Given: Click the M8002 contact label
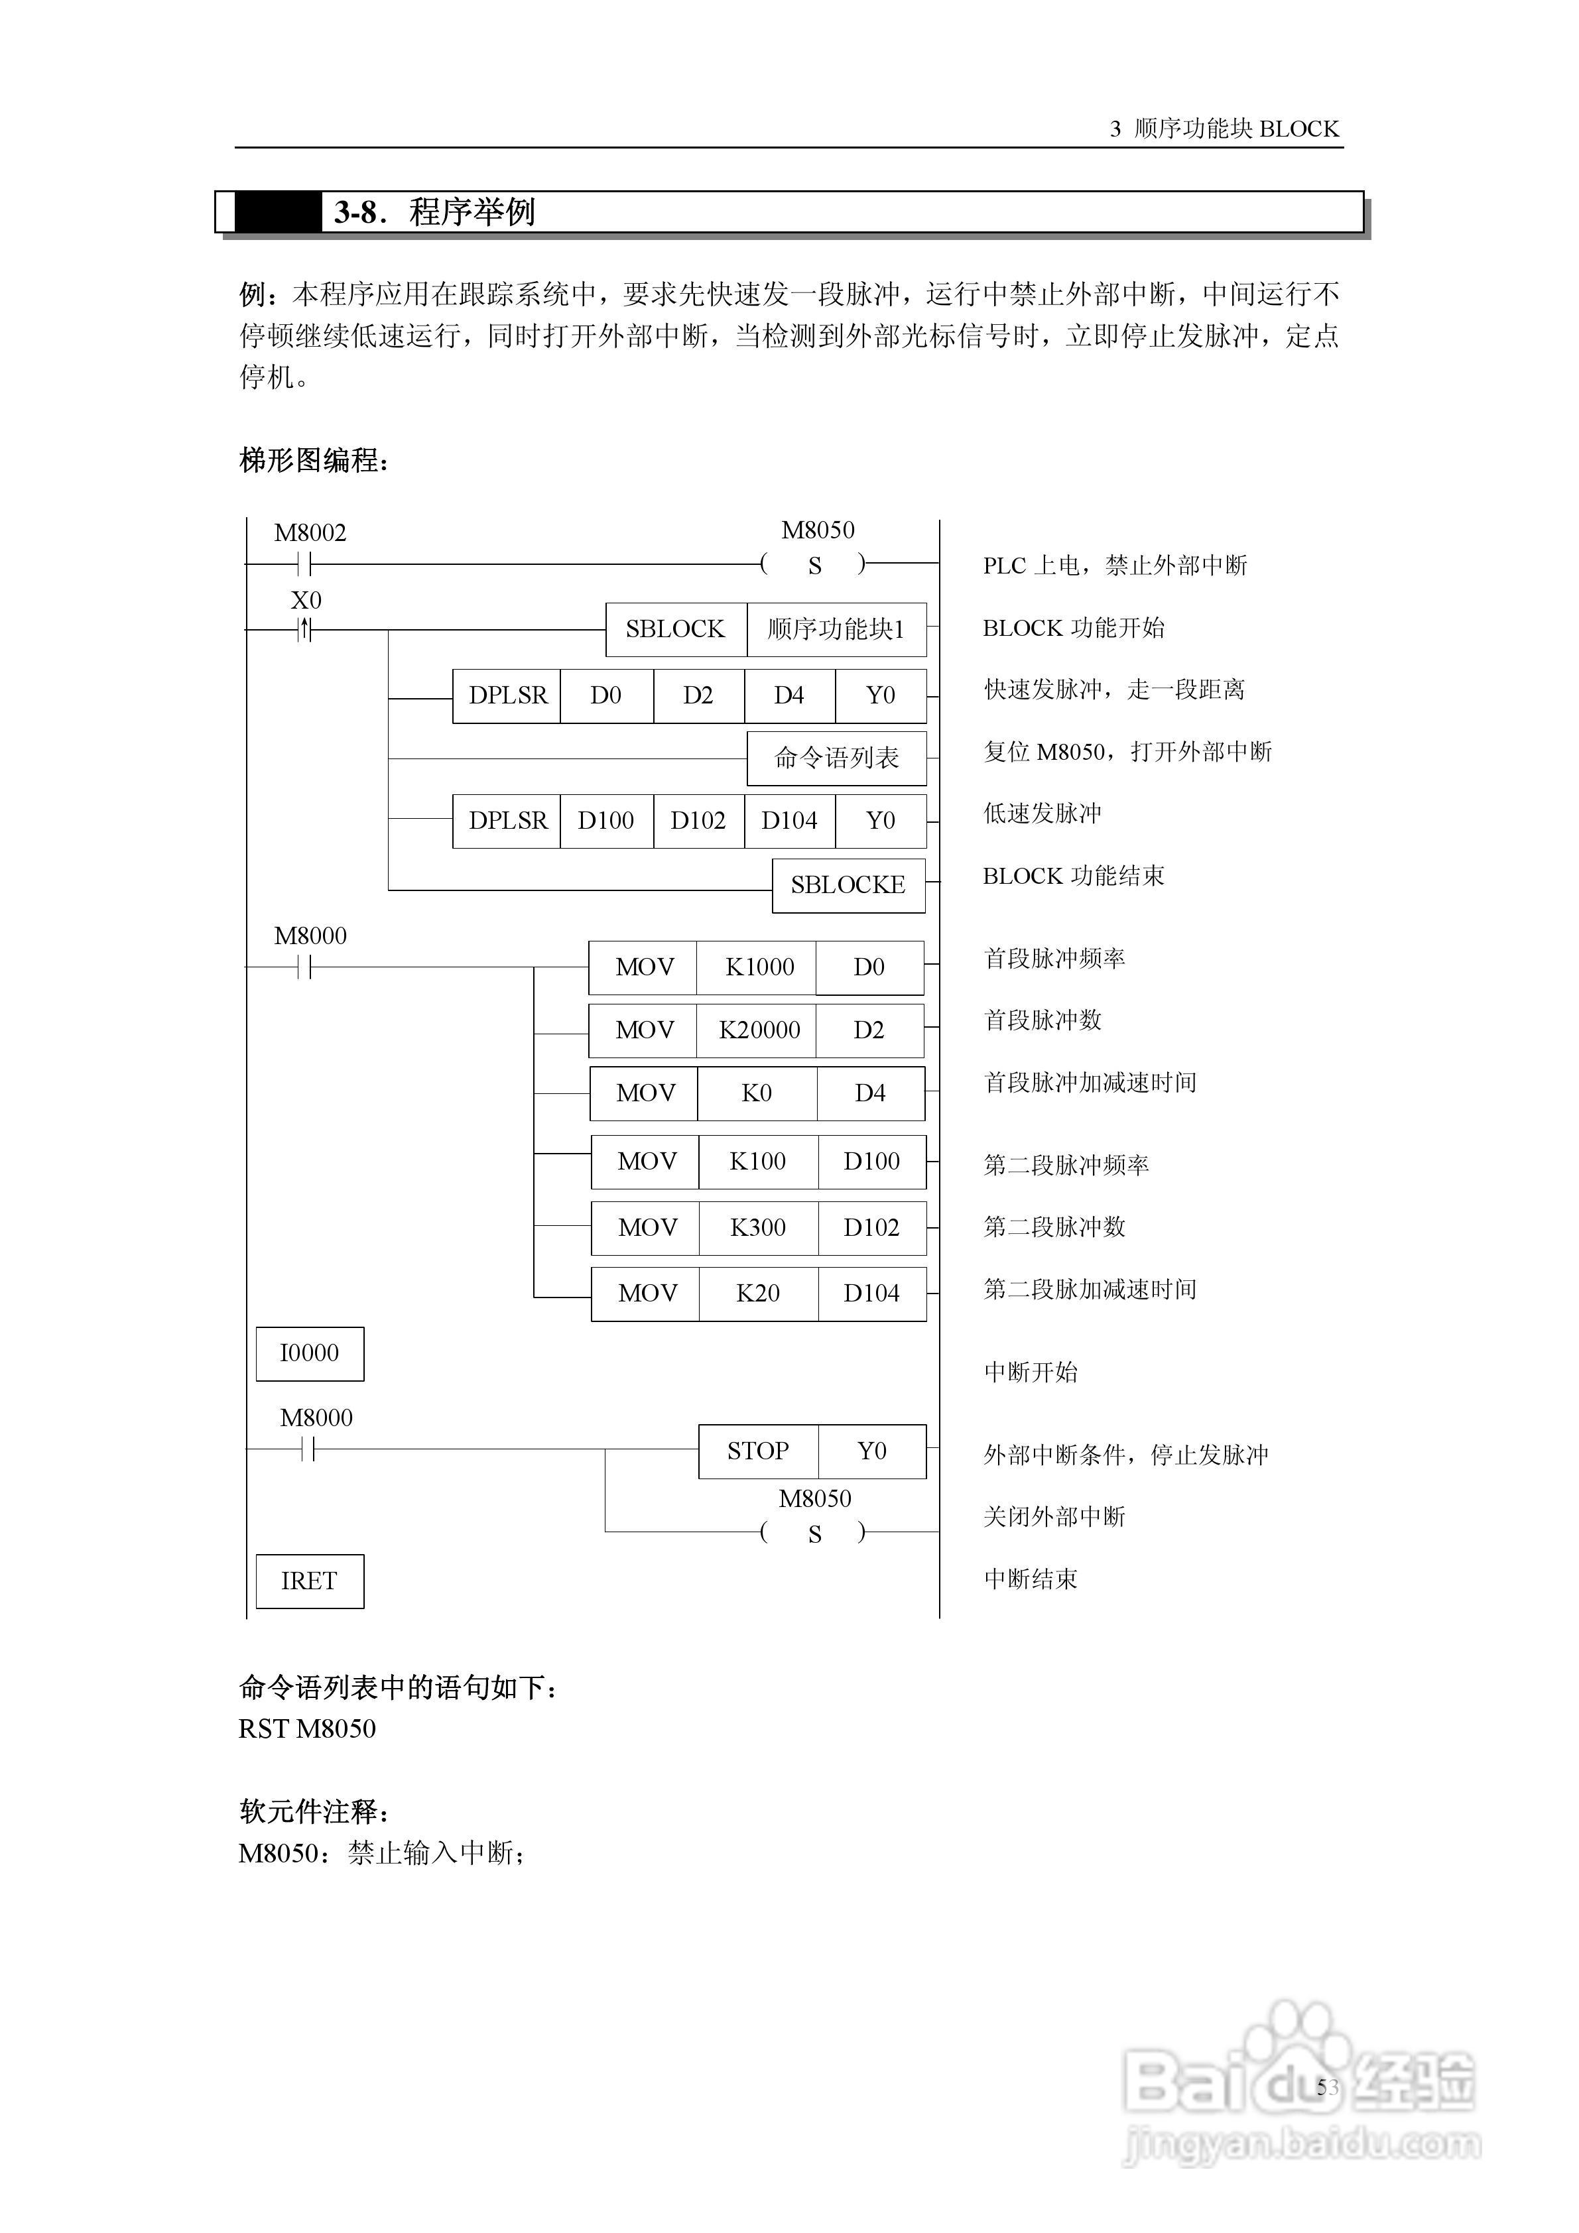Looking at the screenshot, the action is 310,533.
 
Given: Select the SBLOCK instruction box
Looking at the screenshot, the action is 675,629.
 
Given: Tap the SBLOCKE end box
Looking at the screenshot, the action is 848,885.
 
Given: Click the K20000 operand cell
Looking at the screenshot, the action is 759,1030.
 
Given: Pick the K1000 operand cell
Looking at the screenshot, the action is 759,967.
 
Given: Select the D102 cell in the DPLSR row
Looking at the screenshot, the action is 698,821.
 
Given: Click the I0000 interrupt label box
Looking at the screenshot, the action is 310,1353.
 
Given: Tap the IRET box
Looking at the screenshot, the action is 310,1581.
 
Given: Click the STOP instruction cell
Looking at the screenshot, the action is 758,1451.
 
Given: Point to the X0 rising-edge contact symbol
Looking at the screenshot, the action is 306,631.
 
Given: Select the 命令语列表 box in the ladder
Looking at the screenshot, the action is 836,758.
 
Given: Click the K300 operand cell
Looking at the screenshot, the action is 758,1227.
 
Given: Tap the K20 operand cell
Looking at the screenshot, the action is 758,1294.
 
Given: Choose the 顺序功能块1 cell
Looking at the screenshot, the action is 836,629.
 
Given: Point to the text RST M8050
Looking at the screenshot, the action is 308,1728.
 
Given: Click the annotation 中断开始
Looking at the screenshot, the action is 1031,1372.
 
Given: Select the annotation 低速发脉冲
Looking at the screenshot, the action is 1042,813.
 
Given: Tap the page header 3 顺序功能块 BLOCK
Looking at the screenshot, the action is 1224,129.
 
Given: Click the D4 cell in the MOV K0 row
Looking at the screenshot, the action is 870,1093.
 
